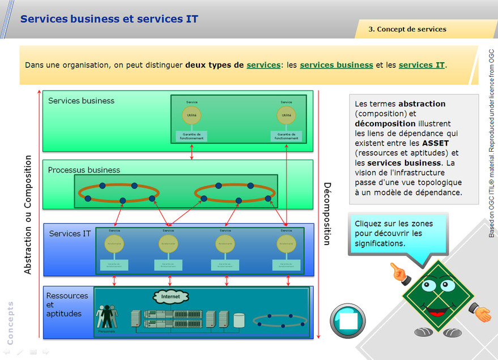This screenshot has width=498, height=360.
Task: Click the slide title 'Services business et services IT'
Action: click(109, 19)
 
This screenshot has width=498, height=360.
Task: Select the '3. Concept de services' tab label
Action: click(407, 29)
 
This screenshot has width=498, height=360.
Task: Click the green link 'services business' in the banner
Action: click(336, 65)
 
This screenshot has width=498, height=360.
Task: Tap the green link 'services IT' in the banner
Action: click(422, 65)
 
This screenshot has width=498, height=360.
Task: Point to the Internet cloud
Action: click(171, 297)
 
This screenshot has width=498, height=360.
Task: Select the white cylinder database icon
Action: click(239, 320)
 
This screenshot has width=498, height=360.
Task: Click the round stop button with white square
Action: click(347, 321)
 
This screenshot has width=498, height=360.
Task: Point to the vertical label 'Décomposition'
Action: click(326, 213)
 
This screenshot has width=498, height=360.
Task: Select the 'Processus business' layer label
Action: click(84, 170)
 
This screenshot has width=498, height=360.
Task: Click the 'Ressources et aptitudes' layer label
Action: click(67, 305)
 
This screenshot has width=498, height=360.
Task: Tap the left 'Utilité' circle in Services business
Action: click(191, 115)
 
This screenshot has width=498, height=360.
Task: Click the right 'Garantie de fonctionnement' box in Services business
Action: click(286, 136)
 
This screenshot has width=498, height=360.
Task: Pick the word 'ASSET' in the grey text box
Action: click(435, 143)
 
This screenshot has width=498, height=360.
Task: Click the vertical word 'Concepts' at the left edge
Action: click(10, 323)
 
